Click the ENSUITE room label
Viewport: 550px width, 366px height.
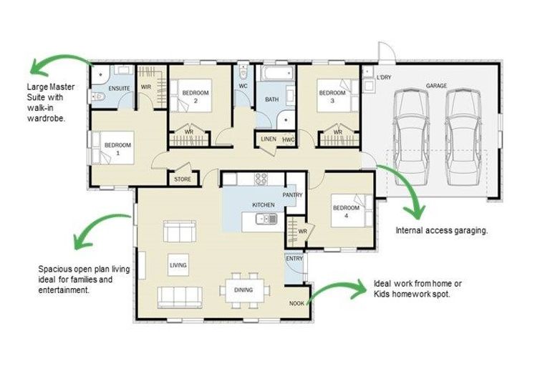point(120,89)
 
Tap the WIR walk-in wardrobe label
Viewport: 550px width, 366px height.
point(146,87)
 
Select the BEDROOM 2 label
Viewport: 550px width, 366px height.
point(196,97)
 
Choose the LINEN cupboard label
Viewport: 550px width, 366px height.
point(269,139)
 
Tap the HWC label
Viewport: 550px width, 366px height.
point(289,139)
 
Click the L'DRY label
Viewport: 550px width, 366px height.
point(384,77)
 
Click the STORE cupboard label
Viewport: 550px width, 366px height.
point(183,179)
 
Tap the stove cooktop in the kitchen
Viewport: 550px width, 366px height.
point(261,179)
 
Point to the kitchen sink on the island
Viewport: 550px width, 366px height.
point(266,219)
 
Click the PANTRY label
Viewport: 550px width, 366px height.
point(292,195)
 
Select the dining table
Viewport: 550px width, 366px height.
point(244,290)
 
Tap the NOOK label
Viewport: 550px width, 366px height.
point(296,304)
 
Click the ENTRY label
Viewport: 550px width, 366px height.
point(294,259)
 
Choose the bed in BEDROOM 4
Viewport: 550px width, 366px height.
point(352,210)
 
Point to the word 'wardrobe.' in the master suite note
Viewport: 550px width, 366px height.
point(47,119)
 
